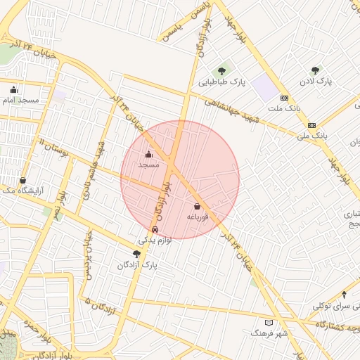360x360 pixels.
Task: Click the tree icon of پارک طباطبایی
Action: [221, 70]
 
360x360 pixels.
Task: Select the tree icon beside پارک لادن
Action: [314, 70]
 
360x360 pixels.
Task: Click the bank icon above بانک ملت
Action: [284, 98]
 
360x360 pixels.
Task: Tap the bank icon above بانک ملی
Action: [311, 124]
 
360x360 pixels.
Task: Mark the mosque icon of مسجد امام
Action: [13, 89]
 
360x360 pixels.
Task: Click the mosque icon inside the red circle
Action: [148, 154]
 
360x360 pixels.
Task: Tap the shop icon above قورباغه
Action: [196, 207]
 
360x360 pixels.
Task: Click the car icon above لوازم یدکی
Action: [155, 229]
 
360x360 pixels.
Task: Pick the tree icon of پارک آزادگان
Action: [136, 254]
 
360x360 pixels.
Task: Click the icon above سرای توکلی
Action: [344, 295]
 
